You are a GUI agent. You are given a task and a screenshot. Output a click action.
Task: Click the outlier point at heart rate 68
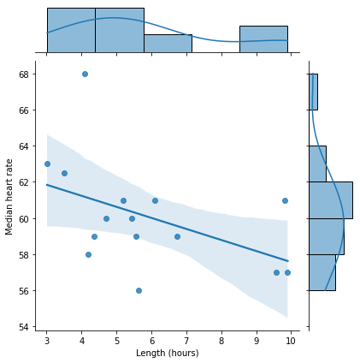(x=85, y=74)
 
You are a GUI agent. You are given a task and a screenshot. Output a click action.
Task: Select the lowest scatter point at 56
(x=139, y=290)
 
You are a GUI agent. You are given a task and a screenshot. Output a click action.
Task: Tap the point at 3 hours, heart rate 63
(x=47, y=164)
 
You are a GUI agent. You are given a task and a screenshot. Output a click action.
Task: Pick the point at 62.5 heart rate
(x=64, y=173)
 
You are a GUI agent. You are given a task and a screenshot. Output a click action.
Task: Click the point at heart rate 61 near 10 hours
(x=285, y=200)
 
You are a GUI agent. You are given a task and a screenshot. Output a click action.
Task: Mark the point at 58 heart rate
(x=88, y=254)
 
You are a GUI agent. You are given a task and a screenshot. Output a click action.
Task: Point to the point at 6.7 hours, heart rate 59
(x=177, y=236)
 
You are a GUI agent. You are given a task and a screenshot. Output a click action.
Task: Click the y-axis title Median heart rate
(x=9, y=197)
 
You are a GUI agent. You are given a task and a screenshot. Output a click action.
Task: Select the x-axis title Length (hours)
(x=168, y=354)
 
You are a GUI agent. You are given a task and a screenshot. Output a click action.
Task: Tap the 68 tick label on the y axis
(x=25, y=74)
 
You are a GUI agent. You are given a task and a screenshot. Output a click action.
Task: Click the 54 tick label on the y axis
(x=25, y=327)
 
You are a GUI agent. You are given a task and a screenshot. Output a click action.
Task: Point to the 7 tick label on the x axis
(x=186, y=341)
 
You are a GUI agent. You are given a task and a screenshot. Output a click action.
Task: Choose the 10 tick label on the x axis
(x=291, y=341)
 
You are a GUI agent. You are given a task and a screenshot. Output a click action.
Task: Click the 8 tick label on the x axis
(x=221, y=341)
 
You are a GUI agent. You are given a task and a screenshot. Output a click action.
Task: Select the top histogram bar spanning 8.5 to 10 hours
(x=263, y=39)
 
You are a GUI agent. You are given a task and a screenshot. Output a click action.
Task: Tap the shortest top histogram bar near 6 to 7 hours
(x=168, y=44)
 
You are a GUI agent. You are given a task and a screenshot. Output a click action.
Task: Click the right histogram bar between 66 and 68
(x=314, y=92)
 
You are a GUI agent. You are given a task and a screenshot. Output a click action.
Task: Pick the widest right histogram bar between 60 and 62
(x=331, y=200)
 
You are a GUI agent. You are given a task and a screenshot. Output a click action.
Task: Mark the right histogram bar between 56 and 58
(x=322, y=272)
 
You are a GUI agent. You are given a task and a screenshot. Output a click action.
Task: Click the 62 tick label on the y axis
(x=25, y=182)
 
